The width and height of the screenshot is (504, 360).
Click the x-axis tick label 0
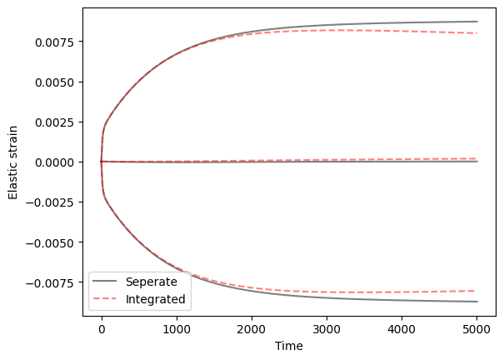click(102, 329)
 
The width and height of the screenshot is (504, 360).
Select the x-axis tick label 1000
click(177, 329)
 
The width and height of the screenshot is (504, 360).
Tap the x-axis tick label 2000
click(252, 329)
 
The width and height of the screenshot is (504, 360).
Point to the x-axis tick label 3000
click(327, 329)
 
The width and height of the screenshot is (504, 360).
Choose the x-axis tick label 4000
click(402, 329)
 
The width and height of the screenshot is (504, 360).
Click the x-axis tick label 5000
click(477, 329)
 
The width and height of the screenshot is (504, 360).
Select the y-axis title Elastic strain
click(14, 162)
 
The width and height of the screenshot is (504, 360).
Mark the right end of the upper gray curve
click(477, 22)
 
